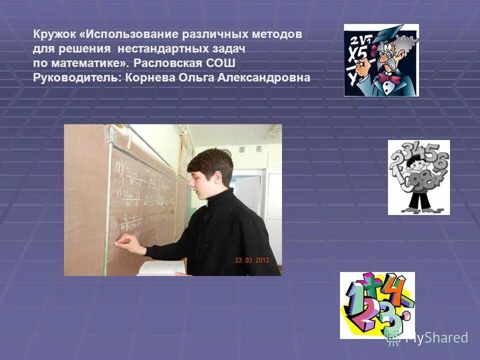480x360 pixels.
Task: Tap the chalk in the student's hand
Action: (117, 241)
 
